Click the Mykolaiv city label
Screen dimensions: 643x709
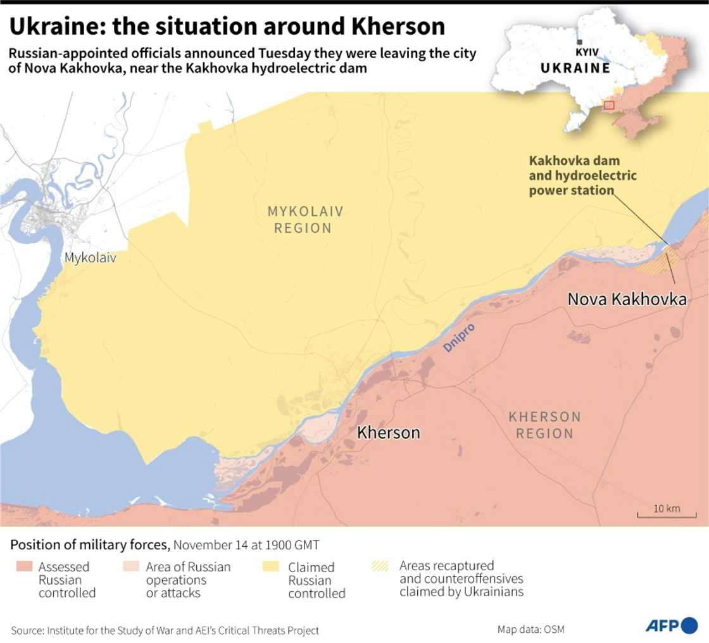point(90,258)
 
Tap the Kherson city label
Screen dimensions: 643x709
point(388,432)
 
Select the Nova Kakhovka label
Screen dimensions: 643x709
point(627,299)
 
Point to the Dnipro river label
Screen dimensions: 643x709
point(459,337)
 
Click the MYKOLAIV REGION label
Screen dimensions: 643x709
point(304,220)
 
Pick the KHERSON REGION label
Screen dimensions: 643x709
point(544,425)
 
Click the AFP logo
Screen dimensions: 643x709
point(671,625)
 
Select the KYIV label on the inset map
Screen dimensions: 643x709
point(587,52)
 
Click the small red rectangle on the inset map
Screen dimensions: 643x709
point(608,105)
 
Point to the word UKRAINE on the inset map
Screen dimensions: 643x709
point(575,68)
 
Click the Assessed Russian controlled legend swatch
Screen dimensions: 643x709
point(23,566)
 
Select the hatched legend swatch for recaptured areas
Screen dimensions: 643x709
point(380,566)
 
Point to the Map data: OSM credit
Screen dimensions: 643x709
point(530,629)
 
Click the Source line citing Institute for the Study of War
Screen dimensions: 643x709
point(165,630)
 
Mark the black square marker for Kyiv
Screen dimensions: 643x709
point(579,42)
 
